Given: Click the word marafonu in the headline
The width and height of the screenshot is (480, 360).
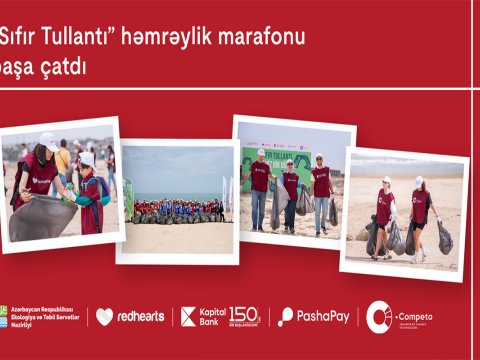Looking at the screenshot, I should tap(258, 38).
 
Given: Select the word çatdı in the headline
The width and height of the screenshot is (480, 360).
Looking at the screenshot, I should tap(67, 68).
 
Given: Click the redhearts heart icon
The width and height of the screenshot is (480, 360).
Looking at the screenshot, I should tap(104, 316).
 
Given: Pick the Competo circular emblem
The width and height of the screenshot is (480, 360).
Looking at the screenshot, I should tap(379, 316).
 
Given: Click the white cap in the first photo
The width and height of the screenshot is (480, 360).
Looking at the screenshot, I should tap(48, 140).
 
